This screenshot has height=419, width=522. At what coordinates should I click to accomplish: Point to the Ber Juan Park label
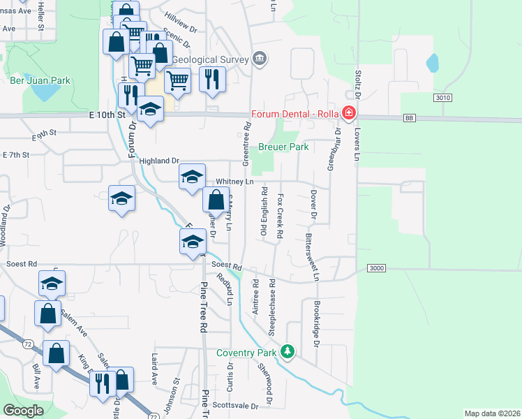coord(40,81)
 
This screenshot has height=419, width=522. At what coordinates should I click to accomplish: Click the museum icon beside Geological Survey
coord(260,58)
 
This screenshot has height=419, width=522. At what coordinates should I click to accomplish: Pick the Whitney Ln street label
coord(234,181)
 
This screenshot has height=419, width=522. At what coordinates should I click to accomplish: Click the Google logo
coord(24,411)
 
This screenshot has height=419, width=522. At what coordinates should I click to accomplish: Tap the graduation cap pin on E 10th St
coord(150,110)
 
